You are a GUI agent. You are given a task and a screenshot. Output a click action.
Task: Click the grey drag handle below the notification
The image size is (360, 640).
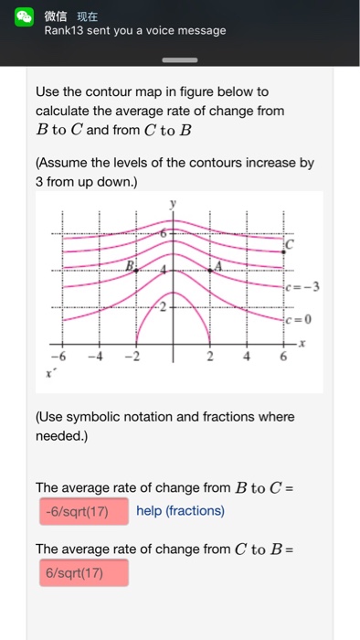(179, 61)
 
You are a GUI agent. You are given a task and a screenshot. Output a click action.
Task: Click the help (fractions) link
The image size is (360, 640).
(180, 511)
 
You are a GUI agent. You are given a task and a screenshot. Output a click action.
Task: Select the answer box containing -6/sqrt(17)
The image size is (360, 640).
(82, 511)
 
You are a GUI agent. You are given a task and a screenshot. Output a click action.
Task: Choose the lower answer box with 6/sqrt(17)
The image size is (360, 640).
(82, 573)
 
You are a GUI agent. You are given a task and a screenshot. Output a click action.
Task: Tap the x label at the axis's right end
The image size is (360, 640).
(302, 341)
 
